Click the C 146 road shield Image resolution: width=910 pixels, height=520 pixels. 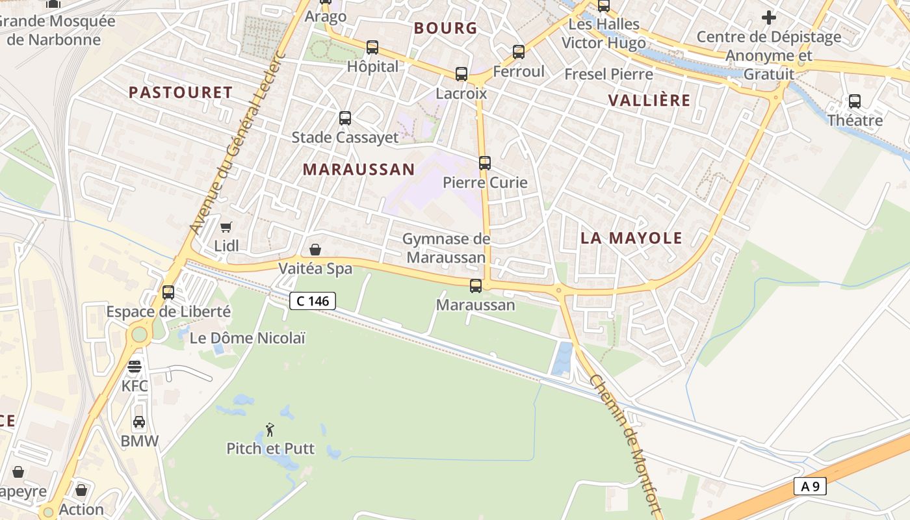313,301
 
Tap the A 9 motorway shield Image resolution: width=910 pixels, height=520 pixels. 809,486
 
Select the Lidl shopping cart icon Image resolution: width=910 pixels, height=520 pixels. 226,227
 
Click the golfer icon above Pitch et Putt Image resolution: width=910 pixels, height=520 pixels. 270,430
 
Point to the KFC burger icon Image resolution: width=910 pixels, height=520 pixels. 135,367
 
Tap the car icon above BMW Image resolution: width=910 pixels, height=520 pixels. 139,422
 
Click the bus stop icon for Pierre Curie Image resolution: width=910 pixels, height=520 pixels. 485,163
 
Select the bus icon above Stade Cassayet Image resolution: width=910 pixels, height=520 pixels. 345,118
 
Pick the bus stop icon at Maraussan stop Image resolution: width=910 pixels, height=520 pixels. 476,285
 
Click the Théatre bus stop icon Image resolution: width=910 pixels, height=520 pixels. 855,101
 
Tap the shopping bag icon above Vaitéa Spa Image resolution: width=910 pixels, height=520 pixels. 315,249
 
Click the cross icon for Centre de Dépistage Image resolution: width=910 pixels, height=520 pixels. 769,18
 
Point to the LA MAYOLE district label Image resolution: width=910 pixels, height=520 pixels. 631,238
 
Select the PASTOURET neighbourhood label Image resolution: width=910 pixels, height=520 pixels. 181,92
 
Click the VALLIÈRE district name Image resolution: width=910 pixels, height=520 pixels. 649,100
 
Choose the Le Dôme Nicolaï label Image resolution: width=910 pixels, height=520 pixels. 247,338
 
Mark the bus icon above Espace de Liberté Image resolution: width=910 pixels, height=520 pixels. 168,292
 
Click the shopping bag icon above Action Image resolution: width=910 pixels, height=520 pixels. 81,490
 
